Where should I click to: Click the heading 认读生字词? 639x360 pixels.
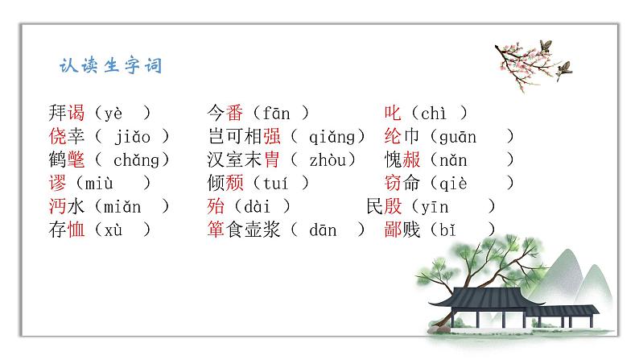point(111,66)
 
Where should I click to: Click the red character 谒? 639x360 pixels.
point(76,114)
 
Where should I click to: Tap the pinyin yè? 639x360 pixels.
point(113,114)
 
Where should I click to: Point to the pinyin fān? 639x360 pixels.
point(276,114)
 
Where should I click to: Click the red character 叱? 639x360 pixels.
point(394,114)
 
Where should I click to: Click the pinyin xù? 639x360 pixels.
point(113,230)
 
